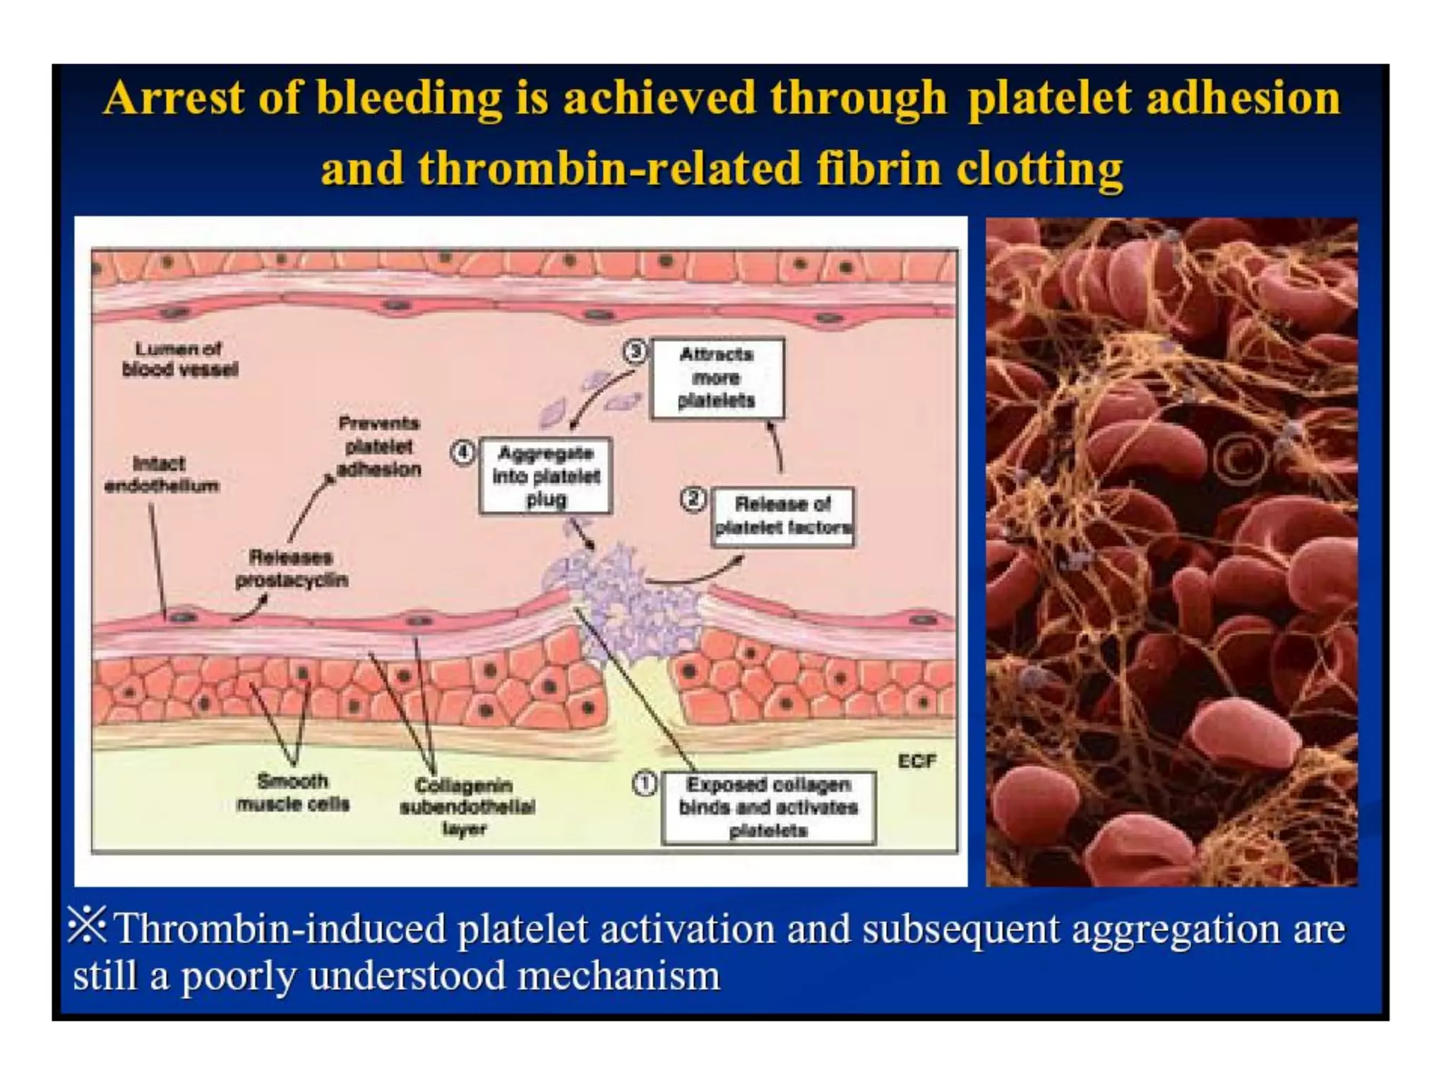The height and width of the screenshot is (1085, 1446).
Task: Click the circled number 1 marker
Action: [644, 784]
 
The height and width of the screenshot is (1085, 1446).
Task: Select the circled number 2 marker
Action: [693, 499]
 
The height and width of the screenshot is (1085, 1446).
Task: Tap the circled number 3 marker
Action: [635, 351]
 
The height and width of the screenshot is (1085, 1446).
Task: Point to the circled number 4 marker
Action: [463, 452]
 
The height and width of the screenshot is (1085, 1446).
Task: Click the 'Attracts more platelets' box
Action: [717, 378]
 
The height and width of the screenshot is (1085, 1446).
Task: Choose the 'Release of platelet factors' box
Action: [782, 516]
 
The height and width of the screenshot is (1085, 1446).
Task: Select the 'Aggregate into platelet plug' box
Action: [546, 475]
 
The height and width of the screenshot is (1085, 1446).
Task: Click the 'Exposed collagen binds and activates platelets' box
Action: [768, 807]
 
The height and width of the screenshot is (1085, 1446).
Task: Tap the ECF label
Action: [916, 761]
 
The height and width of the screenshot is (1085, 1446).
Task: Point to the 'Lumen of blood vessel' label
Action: [179, 359]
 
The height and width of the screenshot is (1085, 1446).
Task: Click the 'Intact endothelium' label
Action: [161, 474]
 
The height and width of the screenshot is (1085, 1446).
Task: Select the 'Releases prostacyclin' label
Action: [291, 568]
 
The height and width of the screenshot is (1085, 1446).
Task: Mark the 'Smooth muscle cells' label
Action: [293, 792]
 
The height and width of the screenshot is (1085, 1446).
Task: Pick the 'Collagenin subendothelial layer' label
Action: [466, 806]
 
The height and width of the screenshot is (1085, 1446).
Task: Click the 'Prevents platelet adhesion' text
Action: [379, 446]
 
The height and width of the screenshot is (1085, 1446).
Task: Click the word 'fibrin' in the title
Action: [878, 169]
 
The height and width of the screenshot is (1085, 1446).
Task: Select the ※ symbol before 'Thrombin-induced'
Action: [87, 925]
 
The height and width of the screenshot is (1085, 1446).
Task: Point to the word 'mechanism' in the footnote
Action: [619, 976]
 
